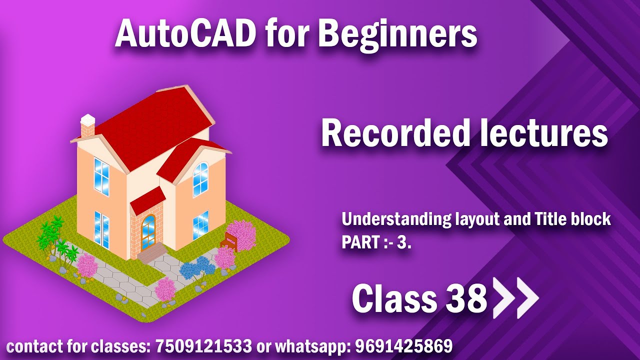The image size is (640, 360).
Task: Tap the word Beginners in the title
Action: point(397,34)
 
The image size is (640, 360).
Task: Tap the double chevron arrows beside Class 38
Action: point(515,298)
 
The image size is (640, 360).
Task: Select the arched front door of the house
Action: point(148,232)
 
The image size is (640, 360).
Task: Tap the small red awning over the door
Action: point(147,199)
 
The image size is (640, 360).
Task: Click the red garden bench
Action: point(231,240)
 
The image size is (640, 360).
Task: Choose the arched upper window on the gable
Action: point(200,178)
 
